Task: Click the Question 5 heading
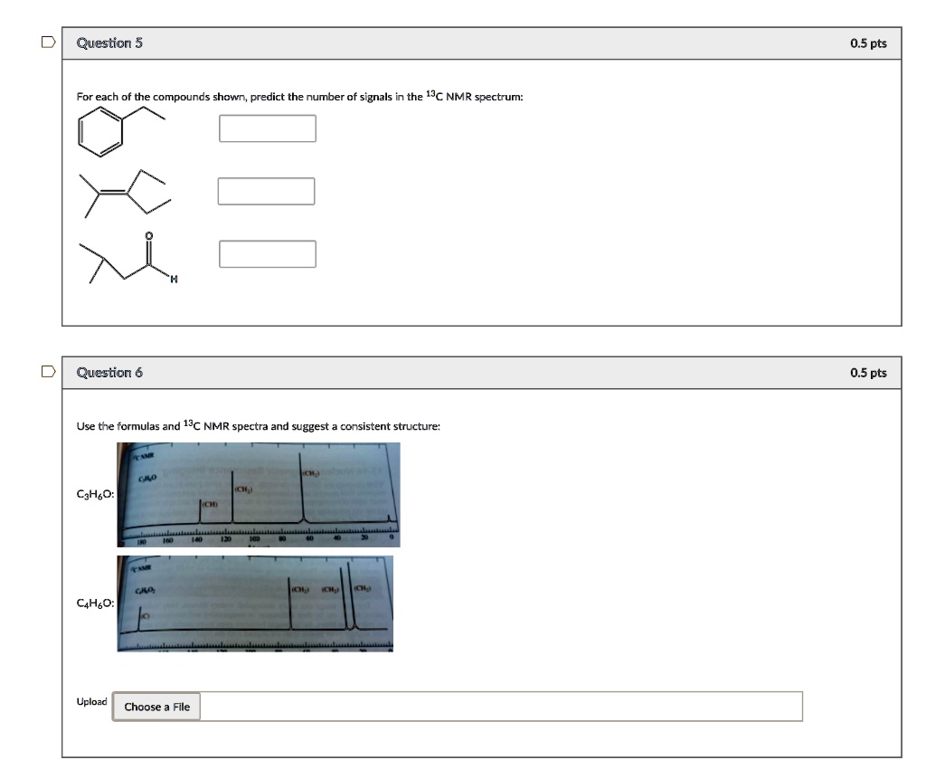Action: tap(109, 43)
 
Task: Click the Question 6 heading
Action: tap(109, 373)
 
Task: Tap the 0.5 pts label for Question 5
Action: tap(868, 43)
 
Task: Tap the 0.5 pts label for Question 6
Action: tap(868, 373)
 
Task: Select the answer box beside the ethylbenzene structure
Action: tap(268, 128)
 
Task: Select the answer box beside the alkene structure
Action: tap(267, 191)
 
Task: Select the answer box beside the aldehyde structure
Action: tap(268, 254)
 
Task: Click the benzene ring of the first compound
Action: tap(100, 132)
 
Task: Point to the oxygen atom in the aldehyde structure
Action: tap(150, 236)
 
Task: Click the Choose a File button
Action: tap(156, 707)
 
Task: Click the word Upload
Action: tap(91, 702)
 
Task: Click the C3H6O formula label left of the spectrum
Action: tap(95, 494)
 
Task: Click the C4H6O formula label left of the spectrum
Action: tap(95, 603)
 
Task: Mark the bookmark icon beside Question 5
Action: tap(47, 43)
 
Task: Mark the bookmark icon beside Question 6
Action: tap(47, 372)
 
